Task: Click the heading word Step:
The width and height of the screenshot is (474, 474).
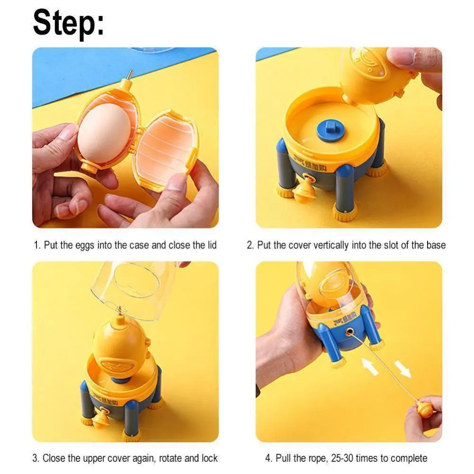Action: pos(68,22)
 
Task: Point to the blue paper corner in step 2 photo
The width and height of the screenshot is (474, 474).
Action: pos(275,53)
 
